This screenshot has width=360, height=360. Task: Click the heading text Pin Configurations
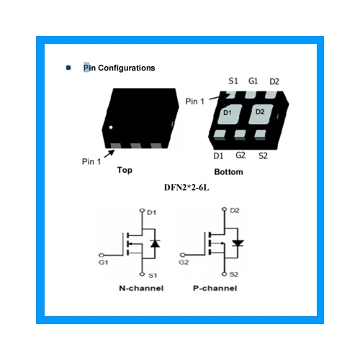click(x=119, y=68)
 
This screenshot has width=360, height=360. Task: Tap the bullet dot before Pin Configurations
click(x=68, y=68)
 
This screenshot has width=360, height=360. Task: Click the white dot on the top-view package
click(x=111, y=127)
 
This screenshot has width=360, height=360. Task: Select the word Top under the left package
click(x=125, y=170)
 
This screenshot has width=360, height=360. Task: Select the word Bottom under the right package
click(x=228, y=172)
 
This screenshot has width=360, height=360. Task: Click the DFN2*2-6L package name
click(x=186, y=187)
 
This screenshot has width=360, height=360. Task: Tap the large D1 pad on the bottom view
click(x=229, y=114)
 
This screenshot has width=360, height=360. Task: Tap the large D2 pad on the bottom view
click(x=261, y=114)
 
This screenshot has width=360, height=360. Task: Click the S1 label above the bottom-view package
click(x=233, y=81)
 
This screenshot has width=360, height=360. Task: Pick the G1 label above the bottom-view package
click(x=253, y=81)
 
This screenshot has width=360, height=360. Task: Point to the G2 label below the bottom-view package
click(x=240, y=156)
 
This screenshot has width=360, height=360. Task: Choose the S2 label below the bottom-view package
click(x=263, y=156)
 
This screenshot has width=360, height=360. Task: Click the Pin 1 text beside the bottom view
click(x=194, y=102)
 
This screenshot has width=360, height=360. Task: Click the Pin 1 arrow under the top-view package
click(x=109, y=154)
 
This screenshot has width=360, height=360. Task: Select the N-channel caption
click(x=141, y=288)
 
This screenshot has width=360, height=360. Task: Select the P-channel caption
click(x=215, y=288)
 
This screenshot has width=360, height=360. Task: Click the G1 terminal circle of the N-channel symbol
click(x=102, y=255)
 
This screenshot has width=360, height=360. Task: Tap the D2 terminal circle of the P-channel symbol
click(x=224, y=210)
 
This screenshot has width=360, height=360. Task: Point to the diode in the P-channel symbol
click(x=238, y=243)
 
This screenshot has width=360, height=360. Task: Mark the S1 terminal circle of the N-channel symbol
click(x=142, y=274)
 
